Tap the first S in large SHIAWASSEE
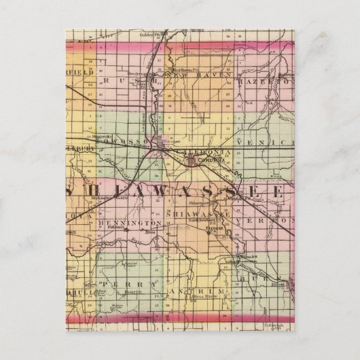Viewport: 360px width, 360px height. pos(79,190)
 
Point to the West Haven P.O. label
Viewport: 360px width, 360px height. pos(184,69)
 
